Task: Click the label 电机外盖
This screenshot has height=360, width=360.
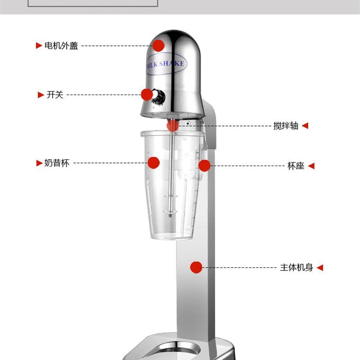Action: pos(61,46)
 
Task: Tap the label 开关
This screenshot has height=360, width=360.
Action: pos(55,94)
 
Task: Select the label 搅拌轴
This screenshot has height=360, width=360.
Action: pos(286,126)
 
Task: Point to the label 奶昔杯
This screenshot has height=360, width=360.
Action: pos(57,163)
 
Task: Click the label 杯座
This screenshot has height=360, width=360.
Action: pos(296,166)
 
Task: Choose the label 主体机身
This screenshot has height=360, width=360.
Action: pos(297,267)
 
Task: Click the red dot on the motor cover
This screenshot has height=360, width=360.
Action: pos(158,45)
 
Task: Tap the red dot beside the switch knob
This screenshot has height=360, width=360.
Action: pos(147,94)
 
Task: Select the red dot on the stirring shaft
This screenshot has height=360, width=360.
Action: pos(173,126)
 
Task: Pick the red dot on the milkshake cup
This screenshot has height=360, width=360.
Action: pos(153,163)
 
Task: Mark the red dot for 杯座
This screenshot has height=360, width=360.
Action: pos(204,166)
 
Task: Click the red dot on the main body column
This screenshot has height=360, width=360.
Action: pos(196,267)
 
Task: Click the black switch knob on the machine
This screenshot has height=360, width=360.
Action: pos(159,96)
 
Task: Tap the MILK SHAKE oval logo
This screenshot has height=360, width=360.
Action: pos(166,64)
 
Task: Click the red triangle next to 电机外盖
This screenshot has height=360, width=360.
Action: pos(39,45)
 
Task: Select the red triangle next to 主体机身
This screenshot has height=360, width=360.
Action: pos(320,267)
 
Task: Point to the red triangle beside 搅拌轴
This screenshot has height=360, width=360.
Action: pos(305,126)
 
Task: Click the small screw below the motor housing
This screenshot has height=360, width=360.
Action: pos(188,123)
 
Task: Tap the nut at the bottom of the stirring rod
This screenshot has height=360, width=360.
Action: pos(170,216)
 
